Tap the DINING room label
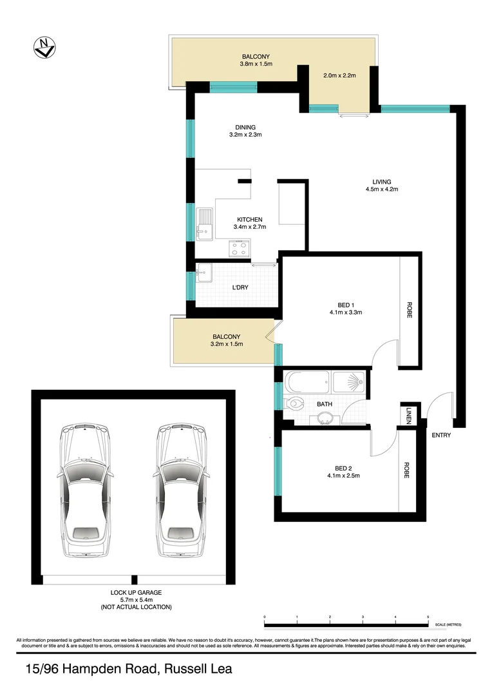click(245, 127)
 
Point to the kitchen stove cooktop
click(240, 247)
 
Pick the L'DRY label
click(240, 287)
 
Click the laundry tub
click(203, 275)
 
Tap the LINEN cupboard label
click(409, 416)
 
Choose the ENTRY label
click(441, 436)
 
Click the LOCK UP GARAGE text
click(136, 592)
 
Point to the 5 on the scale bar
click(428, 617)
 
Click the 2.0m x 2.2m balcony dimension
click(339, 75)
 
